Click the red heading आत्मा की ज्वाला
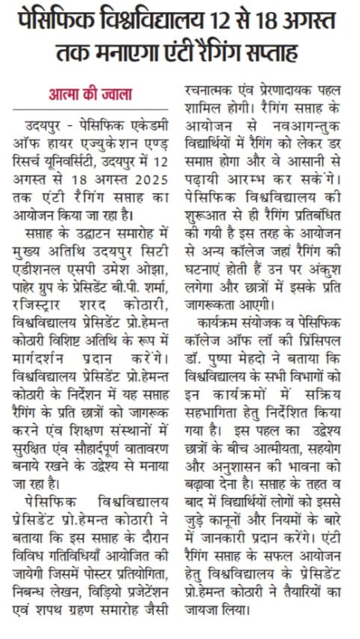coord(90,95)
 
